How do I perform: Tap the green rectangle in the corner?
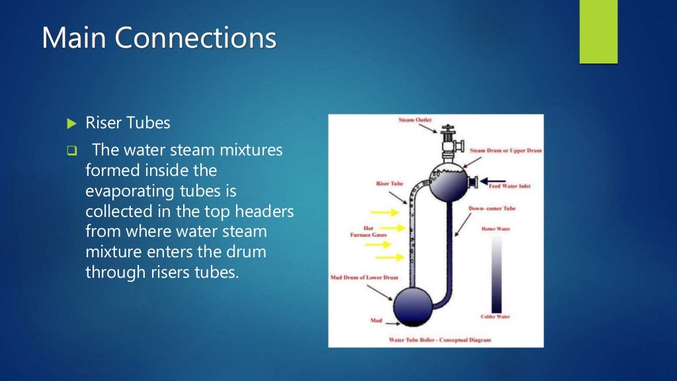coord(598,31)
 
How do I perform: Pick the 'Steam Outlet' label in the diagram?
coord(415,120)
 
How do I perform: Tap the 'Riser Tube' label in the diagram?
coord(390,183)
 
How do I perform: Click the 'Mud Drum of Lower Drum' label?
coord(364,278)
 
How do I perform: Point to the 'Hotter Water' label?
coord(496,229)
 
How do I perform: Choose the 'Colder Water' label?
coord(495,317)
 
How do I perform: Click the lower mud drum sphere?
coord(413,304)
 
